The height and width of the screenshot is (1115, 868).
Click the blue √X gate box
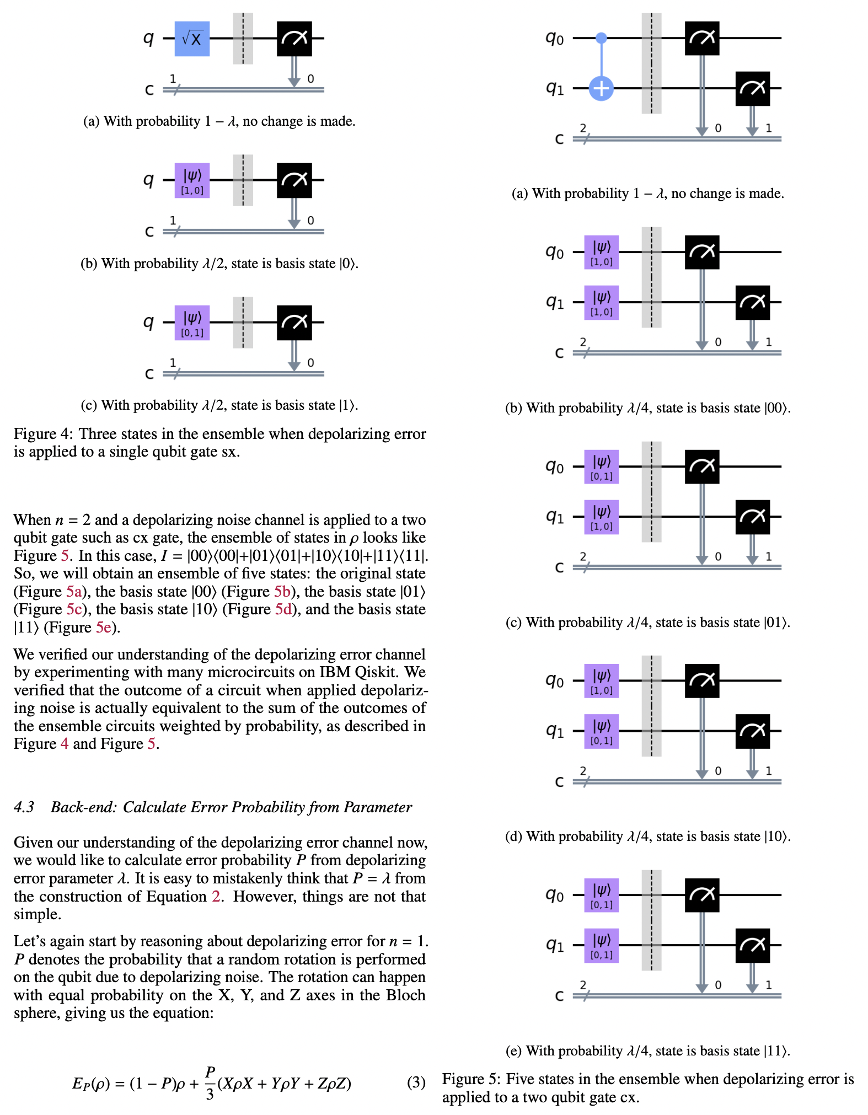coord(192,39)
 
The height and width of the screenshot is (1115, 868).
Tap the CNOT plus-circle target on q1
coord(601,88)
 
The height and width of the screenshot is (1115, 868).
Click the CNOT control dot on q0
coord(601,38)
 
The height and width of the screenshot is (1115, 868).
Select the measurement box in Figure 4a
coord(294,39)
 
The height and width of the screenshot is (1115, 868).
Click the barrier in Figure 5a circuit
coord(651,63)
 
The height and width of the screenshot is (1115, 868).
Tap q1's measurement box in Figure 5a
coord(752,88)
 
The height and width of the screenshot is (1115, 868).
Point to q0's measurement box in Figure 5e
coord(701,895)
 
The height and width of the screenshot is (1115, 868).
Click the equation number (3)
coord(416,1083)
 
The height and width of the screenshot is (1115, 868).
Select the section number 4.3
coord(24,807)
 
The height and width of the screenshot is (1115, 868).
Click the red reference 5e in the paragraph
coord(103,628)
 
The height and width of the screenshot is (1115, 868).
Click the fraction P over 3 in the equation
coord(210,1083)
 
